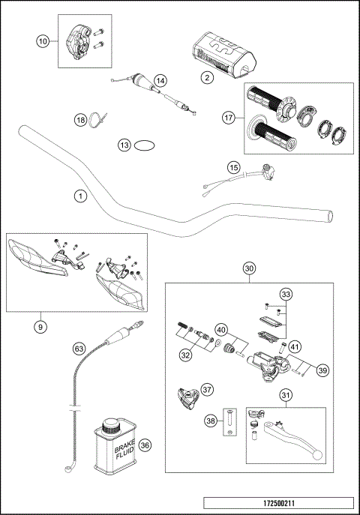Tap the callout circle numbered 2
pyautogui.click(x=204, y=76)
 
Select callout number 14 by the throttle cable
pyautogui.click(x=159, y=79)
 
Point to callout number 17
pyautogui.click(x=229, y=117)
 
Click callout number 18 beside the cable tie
pyautogui.click(x=80, y=119)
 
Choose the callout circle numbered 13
pyautogui.click(x=124, y=145)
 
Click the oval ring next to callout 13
pyautogui.click(x=145, y=145)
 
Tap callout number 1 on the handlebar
pyautogui.click(x=79, y=196)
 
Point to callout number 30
pyautogui.click(x=250, y=268)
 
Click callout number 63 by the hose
pyautogui.click(x=79, y=348)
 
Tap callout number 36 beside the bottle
pyautogui.click(x=145, y=444)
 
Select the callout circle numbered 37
pyautogui.click(x=208, y=388)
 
